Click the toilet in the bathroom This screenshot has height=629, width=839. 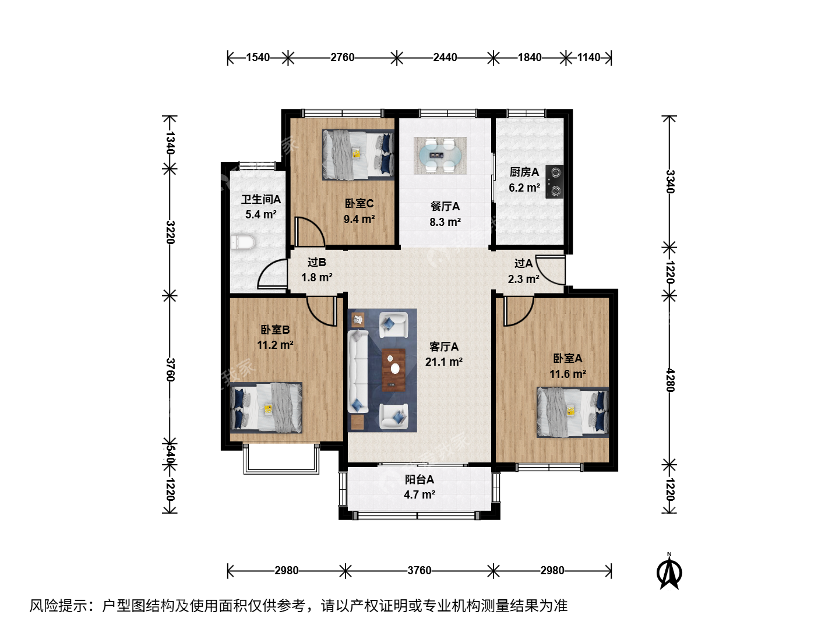pyautogui.click(x=243, y=242)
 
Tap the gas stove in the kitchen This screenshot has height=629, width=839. pyautogui.click(x=554, y=182)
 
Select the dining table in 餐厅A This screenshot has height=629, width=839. pyautogui.click(x=440, y=155)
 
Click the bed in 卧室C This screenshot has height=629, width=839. pyautogui.click(x=358, y=155)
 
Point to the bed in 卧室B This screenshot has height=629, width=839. pyautogui.click(x=266, y=408)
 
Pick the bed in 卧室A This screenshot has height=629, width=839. pyautogui.click(x=573, y=412)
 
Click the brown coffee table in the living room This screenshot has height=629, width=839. pyautogui.click(x=394, y=370)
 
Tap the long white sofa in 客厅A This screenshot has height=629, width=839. pyautogui.click(x=358, y=371)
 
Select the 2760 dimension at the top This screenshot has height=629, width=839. pyautogui.click(x=343, y=58)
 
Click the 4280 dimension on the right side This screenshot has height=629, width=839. pyautogui.click(x=670, y=380)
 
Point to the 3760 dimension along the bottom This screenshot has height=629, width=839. pyautogui.click(x=419, y=571)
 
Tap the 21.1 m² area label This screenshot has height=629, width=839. pyautogui.click(x=444, y=362)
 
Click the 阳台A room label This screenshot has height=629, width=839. pyautogui.click(x=419, y=480)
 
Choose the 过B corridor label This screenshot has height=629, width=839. pyautogui.click(x=317, y=262)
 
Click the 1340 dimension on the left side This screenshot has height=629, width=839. pyautogui.click(x=170, y=143)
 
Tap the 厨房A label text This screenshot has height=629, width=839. pyautogui.click(x=524, y=172)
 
